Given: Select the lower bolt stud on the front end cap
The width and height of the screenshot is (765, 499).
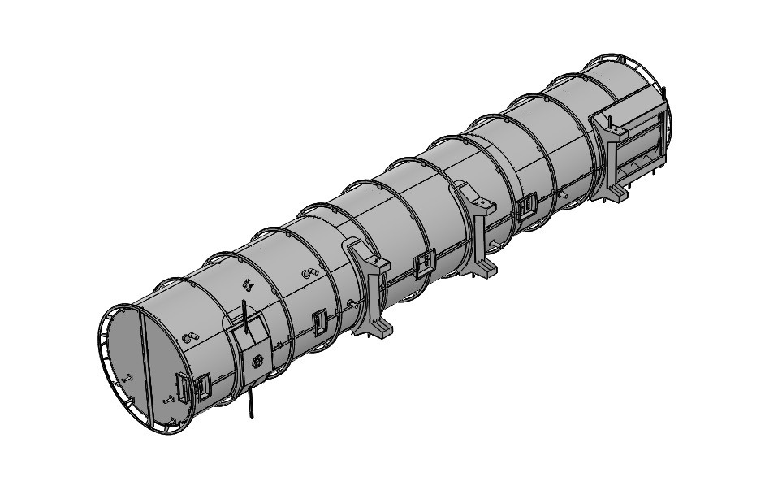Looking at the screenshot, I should click(169, 399).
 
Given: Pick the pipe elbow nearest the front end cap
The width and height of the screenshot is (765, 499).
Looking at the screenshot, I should click(191, 337).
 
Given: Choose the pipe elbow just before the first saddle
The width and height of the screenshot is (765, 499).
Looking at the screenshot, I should click(309, 274).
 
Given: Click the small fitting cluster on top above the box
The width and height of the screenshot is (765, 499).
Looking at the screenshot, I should click(248, 285).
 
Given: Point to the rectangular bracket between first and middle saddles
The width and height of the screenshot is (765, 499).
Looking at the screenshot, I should click(421, 264).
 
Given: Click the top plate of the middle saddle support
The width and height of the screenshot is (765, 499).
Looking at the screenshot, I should click(478, 200).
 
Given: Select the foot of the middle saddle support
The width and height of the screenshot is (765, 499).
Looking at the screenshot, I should click(485, 269).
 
